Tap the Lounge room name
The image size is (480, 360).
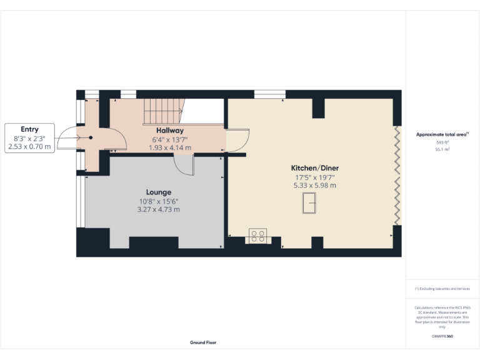(x=159, y=192)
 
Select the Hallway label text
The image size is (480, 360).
(x=169, y=130)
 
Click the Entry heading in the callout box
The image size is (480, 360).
(x=29, y=129)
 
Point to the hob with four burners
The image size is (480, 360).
(x=257, y=236)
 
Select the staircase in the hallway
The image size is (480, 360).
(x=164, y=111)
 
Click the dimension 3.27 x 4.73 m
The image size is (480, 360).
(x=159, y=209)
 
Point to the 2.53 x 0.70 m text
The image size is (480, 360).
(x=29, y=146)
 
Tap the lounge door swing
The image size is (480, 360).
(x=185, y=166)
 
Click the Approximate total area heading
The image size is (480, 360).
(x=442, y=134)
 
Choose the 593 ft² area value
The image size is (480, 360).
(x=442, y=143)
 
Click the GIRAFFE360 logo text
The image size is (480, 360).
(x=442, y=336)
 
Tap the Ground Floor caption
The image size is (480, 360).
(x=203, y=342)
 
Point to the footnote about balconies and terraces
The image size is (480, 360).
(x=442, y=289)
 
